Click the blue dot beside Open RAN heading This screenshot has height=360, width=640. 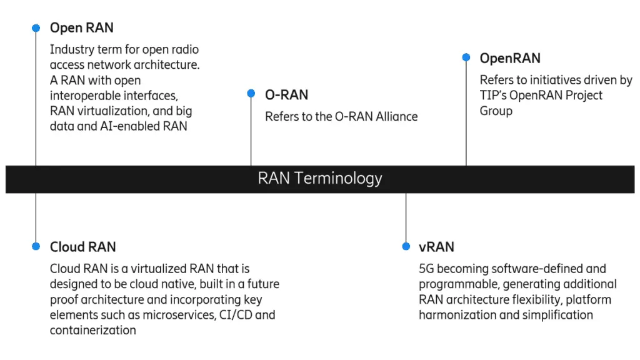36,28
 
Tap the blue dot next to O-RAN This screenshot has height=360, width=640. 251,94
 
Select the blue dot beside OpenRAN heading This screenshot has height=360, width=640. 466,57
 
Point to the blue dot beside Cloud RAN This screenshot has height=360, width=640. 36,246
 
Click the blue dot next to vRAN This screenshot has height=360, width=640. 406,246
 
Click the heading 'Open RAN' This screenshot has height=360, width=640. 82,28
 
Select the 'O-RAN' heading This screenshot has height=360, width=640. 286,95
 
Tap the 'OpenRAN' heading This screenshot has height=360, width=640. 510,59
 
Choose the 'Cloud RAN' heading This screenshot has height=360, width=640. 83,247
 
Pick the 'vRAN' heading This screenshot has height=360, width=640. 436,247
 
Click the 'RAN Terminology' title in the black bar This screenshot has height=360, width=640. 320,178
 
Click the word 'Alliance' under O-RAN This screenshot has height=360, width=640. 397,117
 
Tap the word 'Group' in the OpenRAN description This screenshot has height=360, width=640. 496,111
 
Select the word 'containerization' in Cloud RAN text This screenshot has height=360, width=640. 93,330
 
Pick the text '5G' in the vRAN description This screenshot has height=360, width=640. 426,269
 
